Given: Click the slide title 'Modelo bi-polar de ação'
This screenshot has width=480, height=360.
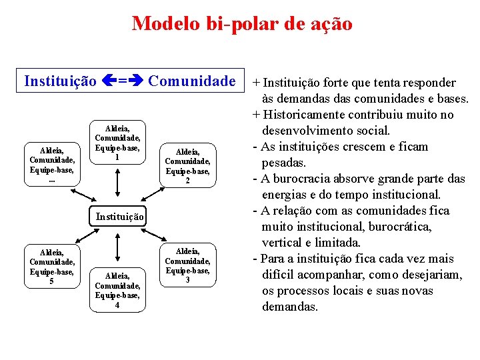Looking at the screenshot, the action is point(242,24).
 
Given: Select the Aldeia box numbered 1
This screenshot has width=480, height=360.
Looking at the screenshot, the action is point(117,142).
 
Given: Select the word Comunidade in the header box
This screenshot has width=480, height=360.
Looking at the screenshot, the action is point(192,81).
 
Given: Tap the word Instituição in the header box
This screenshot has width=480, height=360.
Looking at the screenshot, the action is point(60,81).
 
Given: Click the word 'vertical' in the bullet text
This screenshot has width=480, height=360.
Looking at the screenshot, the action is point(283,243).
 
